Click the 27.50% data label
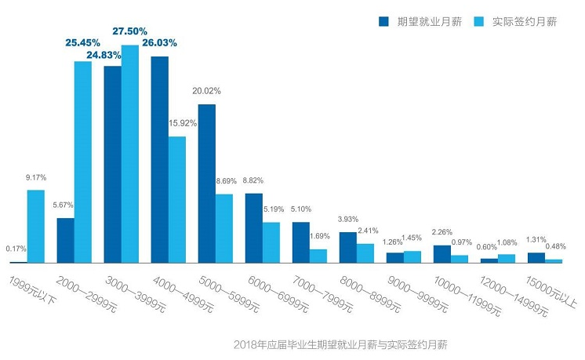tap(129, 31)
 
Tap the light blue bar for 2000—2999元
tap(83, 162)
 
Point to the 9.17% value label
tap(36, 177)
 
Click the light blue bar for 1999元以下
tap(36, 226)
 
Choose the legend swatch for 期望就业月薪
tap(383, 21)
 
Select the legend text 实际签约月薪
tap(525, 21)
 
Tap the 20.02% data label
tap(207, 91)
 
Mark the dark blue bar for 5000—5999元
tap(207, 183)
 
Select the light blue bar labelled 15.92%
tap(177, 199)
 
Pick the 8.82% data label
tap(255, 180)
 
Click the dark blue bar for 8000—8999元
tap(347, 247)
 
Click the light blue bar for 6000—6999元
tap(271, 242)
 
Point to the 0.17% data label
tap(16, 249)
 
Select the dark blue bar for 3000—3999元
tap(112, 164)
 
